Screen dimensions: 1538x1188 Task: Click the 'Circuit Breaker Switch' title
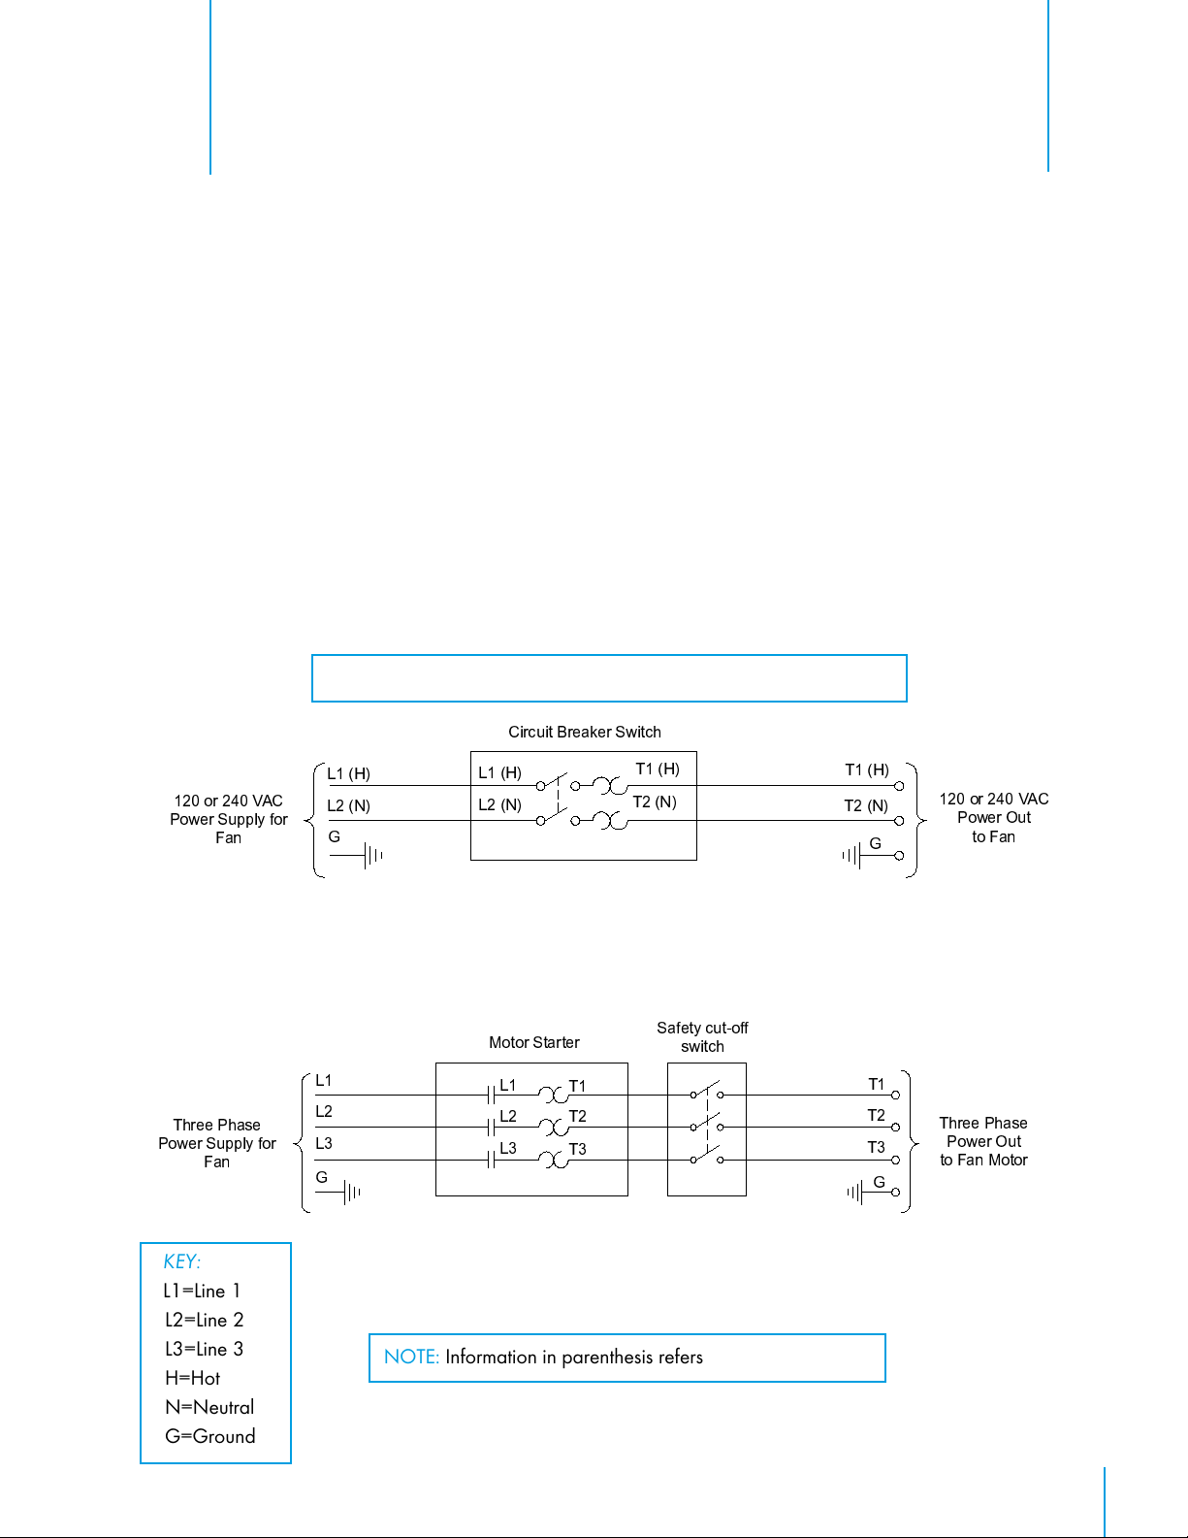[x=584, y=732]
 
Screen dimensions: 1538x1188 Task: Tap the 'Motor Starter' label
[x=533, y=1042]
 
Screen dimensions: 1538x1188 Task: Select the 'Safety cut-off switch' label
[x=702, y=1036]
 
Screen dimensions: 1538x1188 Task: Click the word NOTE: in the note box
[x=411, y=1357]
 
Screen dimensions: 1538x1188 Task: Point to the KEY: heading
[x=181, y=1261]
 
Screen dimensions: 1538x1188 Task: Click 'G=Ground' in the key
[x=209, y=1436]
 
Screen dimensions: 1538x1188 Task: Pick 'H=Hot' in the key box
[x=192, y=1378]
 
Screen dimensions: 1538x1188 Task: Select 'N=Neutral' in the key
[x=209, y=1407]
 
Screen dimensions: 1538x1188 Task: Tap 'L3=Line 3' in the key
[x=204, y=1349]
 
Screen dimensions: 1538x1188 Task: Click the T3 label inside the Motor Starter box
[x=577, y=1149]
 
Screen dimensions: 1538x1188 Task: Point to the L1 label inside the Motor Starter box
[x=508, y=1085]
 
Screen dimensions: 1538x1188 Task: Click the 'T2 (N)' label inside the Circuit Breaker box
[x=655, y=802]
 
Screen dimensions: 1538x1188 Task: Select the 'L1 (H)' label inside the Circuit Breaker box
[x=499, y=772]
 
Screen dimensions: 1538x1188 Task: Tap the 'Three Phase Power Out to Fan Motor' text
[x=983, y=1141]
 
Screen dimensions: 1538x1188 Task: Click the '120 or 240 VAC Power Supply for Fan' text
[x=229, y=819]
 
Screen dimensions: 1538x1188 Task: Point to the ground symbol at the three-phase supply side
[x=352, y=1192]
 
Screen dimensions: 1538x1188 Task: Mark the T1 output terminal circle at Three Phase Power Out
[x=895, y=1095]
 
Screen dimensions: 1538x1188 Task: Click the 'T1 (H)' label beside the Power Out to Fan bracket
[x=866, y=769]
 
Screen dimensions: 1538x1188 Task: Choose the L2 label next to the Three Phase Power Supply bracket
[x=324, y=1111]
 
